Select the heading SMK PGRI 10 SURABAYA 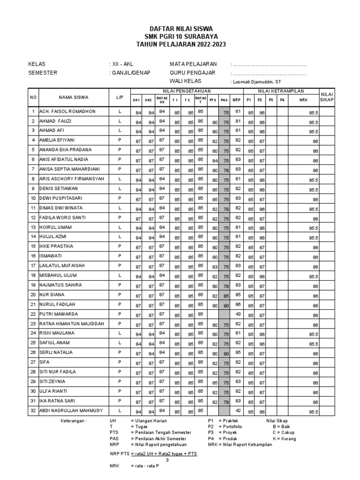(180, 36)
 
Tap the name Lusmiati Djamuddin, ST (259, 82)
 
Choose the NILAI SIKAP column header (327, 97)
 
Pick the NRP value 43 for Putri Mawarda (238, 315)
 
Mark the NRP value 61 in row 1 (238, 112)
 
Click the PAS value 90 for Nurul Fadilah (226, 305)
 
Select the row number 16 (33, 256)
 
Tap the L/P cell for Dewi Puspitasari (120, 198)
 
